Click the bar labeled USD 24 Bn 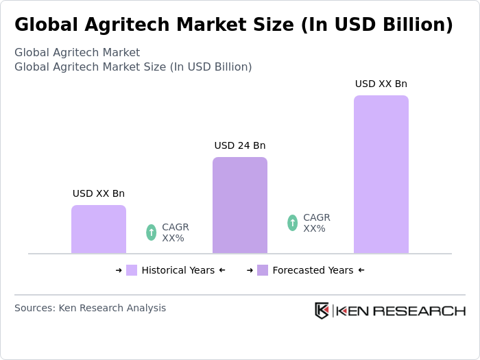pos(240,206)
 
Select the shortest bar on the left pos(99,230)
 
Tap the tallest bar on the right pos(381,175)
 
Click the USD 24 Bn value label pos(240,145)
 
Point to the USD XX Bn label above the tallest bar pos(381,84)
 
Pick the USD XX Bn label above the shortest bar pos(99,193)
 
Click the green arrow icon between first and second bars pos(152,232)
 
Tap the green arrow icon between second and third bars pos(293,223)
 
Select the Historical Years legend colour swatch pos(132,270)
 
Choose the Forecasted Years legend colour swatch pos(263,270)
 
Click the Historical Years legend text pos(178,270)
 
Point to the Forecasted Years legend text pos(313,270)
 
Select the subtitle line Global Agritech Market pos(77,52)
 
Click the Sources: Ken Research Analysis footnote pos(90,308)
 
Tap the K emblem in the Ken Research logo pos(322,311)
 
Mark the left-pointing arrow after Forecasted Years pos(361,270)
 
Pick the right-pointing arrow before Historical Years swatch pos(119,270)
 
